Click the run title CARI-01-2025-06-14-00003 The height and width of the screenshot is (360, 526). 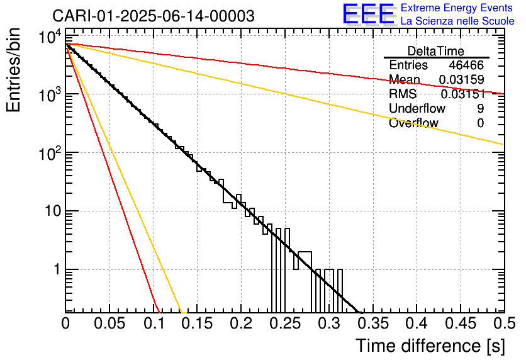coord(154,16)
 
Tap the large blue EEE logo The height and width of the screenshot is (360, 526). coord(369,14)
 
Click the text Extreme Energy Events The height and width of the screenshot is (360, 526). coord(457,8)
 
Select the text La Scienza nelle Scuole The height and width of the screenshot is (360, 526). coord(457,21)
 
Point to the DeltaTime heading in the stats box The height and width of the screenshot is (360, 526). coord(436,51)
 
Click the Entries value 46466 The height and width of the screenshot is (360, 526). coord(466,65)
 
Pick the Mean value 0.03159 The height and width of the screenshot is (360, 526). coord(462,79)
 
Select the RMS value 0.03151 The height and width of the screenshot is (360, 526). coord(463,94)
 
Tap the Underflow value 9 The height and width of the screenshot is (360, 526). coord(480,108)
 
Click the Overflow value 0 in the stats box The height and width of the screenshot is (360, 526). coord(480,123)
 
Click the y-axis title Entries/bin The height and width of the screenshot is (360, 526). coord(13,70)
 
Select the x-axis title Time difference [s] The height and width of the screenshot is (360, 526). coord(430,346)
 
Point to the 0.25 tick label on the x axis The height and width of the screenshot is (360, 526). coord(286,323)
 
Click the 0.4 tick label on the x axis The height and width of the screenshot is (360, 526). coord(417,323)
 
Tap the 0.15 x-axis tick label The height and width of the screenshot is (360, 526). coord(198,323)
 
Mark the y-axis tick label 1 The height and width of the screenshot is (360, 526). coord(57,270)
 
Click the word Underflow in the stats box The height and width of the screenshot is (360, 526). coord(417,108)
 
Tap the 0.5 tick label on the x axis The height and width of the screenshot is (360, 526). coord(504,323)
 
